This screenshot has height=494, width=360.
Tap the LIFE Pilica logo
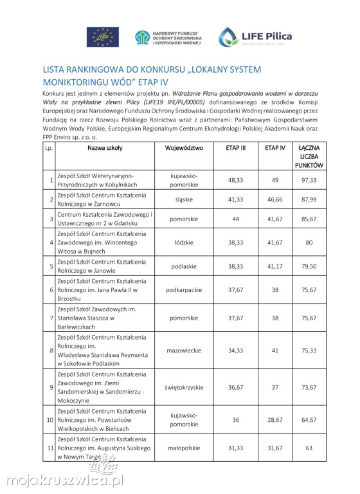click(255, 37)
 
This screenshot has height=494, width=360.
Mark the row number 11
click(50, 447)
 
